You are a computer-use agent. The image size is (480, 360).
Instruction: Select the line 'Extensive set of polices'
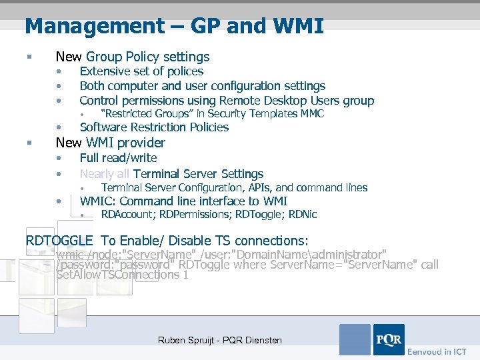tap(141, 71)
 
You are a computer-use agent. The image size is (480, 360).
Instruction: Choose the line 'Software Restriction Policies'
tap(154, 127)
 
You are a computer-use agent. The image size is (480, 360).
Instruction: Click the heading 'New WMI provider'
tap(110, 143)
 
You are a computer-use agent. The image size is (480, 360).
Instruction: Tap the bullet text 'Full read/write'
tap(118, 158)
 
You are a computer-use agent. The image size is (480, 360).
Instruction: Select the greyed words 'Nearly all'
tap(105, 174)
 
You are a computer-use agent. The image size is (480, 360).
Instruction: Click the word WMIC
tap(97, 201)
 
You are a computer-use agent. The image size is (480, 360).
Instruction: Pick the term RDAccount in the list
tap(127, 215)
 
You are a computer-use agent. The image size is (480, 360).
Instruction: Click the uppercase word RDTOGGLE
tap(59, 241)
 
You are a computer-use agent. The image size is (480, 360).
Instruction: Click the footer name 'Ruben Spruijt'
tap(187, 341)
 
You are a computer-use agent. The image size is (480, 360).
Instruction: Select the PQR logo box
tap(389, 339)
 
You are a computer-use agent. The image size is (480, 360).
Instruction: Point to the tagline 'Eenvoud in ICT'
tap(437, 351)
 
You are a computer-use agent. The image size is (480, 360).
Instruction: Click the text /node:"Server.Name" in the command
tap(127, 255)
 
